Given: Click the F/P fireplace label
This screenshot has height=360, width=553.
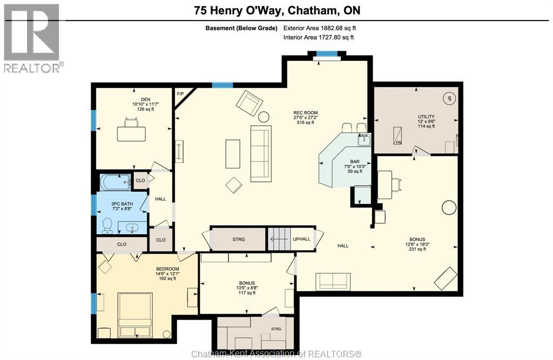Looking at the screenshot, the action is tap(180, 94).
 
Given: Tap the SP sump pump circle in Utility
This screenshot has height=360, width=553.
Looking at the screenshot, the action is tap(449, 99).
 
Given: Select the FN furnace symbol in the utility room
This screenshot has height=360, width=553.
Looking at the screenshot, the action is tap(397, 135).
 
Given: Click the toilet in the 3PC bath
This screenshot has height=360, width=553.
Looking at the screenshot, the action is tap(107, 226).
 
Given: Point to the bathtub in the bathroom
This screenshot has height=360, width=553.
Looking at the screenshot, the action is tap(116, 182).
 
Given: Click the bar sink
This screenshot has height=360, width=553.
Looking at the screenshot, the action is tap(364, 140).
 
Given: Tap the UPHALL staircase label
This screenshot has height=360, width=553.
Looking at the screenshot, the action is tap(301, 239).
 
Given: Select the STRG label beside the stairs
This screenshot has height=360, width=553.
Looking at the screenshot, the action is tap(238, 239).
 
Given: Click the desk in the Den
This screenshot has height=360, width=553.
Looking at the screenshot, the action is tap(131, 134).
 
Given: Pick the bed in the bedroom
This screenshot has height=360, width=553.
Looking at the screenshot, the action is tap(136, 315).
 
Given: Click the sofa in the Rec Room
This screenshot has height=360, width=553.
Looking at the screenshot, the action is tap(261, 153).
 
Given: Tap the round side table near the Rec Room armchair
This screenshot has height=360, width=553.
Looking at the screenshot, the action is tap(264, 117).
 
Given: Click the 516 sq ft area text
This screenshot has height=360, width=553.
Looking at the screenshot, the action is tap(306, 123).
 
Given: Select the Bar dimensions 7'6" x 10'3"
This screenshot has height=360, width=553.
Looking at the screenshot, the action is tap(355, 166).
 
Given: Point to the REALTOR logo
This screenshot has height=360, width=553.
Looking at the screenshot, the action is tap(32, 38).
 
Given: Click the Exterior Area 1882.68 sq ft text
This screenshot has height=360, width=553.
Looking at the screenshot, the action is tap(320, 28).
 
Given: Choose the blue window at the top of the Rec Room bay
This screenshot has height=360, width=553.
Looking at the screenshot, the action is tap(327, 53).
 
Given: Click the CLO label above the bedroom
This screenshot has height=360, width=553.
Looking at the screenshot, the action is tap(122, 244).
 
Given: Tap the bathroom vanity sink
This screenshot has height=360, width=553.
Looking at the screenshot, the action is tap(132, 228).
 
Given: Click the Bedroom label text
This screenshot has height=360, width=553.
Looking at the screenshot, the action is tap(167, 269).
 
